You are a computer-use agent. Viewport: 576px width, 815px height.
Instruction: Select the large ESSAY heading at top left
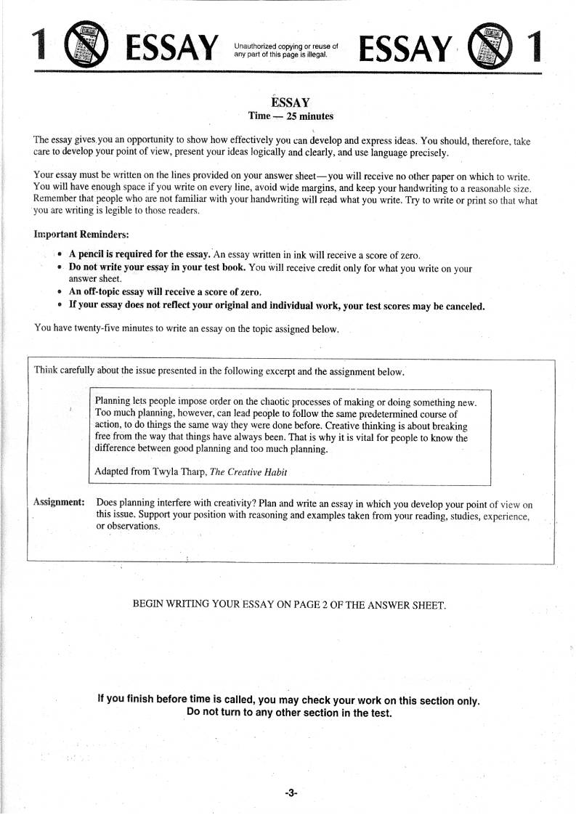(x=171, y=48)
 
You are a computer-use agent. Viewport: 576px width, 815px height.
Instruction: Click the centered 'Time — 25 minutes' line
(x=291, y=116)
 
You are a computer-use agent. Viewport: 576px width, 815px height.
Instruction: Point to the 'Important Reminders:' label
(x=81, y=235)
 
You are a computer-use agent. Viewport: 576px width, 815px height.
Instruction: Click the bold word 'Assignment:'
(x=59, y=503)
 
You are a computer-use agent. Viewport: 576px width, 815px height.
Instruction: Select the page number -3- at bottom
(x=291, y=793)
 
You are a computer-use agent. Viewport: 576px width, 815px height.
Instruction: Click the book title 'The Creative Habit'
(x=248, y=472)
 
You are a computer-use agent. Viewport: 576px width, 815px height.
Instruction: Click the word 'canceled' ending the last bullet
(x=463, y=307)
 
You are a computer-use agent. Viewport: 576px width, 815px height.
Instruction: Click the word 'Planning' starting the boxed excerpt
(x=114, y=402)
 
